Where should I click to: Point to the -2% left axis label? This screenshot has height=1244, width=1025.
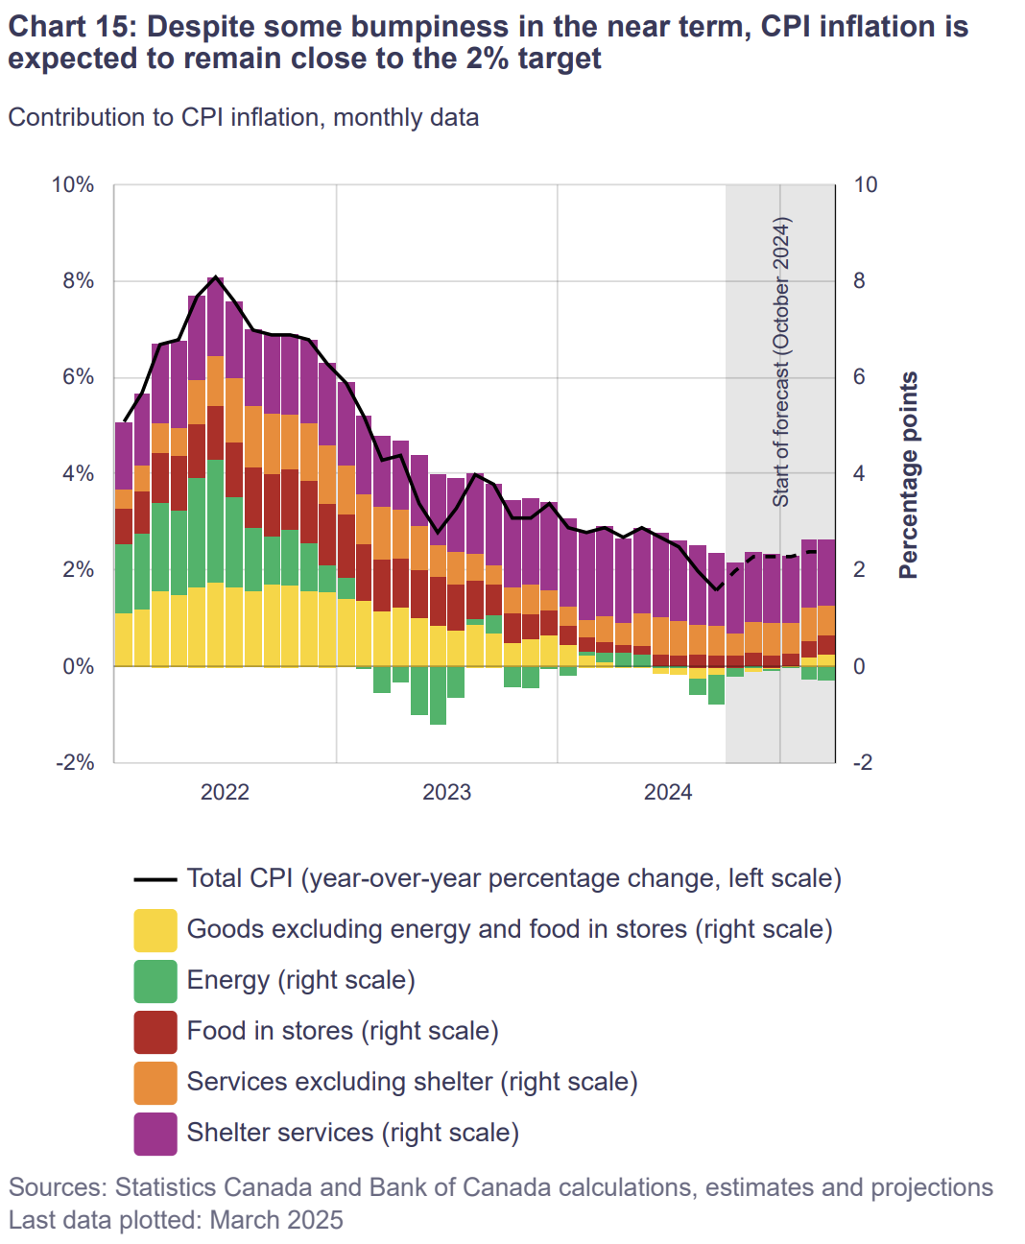point(76,763)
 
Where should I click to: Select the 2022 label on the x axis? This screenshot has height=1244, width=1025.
point(225,792)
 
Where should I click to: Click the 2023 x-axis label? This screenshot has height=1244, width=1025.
point(446,792)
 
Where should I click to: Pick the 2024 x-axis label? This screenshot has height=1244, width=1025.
point(668,792)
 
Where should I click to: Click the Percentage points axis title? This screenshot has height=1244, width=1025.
point(908,475)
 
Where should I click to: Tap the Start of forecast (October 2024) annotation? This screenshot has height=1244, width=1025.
point(781,362)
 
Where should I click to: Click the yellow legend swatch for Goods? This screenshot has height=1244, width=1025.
point(155,930)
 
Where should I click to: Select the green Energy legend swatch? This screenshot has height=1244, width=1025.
point(155,981)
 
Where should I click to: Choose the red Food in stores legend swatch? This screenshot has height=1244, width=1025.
point(155,1032)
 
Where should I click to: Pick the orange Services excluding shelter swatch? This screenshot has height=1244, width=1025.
point(155,1083)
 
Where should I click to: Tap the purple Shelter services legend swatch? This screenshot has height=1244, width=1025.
point(155,1134)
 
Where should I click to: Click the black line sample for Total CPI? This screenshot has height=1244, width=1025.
point(155,879)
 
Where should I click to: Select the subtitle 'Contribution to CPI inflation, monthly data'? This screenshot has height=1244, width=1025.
point(244,117)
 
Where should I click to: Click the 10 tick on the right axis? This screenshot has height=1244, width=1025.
point(865,185)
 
